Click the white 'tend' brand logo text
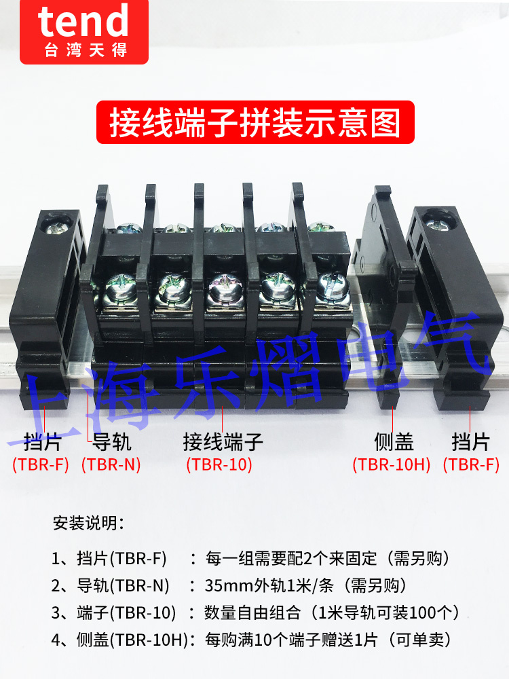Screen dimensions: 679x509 point(83,22)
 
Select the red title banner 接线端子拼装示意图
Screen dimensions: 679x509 point(254,122)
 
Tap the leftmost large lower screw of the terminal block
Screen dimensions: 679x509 point(119,287)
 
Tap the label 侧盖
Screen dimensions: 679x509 point(394,443)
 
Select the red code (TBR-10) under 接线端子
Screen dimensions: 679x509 point(219,465)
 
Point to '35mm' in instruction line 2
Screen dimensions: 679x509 point(226,585)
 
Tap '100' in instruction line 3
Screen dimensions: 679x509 point(427,612)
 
